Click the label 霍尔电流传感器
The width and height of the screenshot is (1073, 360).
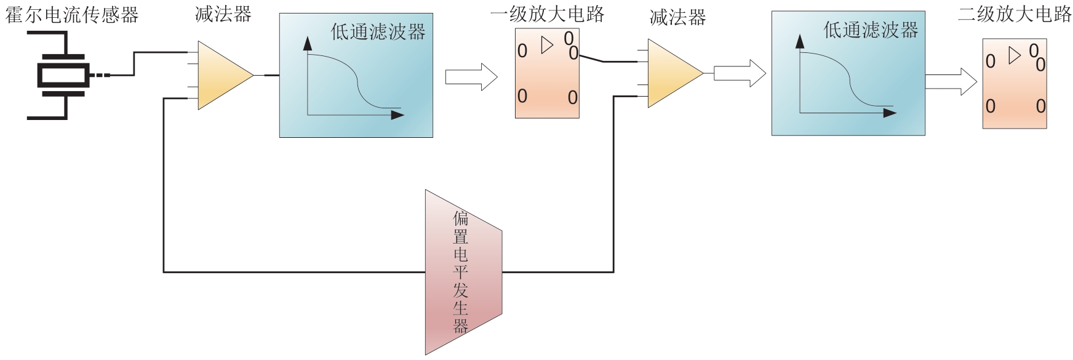[x=72, y=15]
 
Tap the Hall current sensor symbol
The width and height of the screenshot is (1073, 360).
[x=62, y=76]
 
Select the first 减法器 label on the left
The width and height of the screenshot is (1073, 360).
[x=223, y=15]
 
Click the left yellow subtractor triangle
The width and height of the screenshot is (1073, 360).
[x=220, y=75]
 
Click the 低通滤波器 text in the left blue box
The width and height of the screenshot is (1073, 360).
[x=378, y=32]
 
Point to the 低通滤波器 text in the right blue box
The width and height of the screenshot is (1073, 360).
[x=871, y=30]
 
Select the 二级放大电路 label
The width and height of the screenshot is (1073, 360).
[x=1015, y=15]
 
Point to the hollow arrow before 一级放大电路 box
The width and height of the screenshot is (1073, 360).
[x=471, y=77]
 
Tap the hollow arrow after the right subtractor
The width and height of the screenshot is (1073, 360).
[x=740, y=74]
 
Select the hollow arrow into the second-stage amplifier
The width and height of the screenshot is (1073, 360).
[x=951, y=81]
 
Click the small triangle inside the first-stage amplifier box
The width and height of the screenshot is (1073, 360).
[x=546, y=45]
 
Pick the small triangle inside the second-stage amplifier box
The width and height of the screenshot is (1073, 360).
[x=1014, y=56]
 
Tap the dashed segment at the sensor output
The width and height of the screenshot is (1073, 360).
[x=100, y=76]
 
